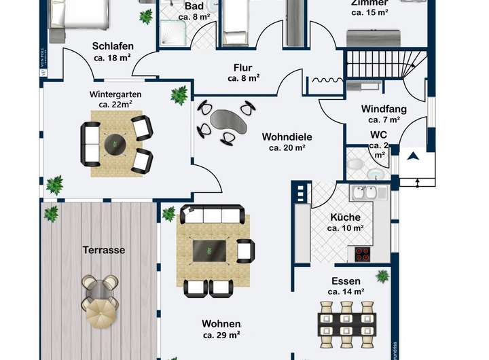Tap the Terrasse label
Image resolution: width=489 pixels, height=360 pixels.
click(x=104, y=250)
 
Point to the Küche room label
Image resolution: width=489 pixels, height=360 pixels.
click(x=345, y=217)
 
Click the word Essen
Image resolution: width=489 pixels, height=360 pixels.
click(x=346, y=281)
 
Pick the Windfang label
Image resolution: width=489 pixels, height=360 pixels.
click(x=384, y=109)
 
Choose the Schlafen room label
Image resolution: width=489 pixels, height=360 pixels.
click(x=113, y=46)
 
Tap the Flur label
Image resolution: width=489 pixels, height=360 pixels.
click(x=243, y=67)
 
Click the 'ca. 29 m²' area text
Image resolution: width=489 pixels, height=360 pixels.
click(x=221, y=335)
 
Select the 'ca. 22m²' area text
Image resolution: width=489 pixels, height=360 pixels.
click(x=113, y=105)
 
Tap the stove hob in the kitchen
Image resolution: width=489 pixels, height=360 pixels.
click(x=361, y=254)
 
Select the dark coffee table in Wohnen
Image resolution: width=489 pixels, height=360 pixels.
click(x=211, y=250)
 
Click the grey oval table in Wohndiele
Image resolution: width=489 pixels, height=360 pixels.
click(x=225, y=120)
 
